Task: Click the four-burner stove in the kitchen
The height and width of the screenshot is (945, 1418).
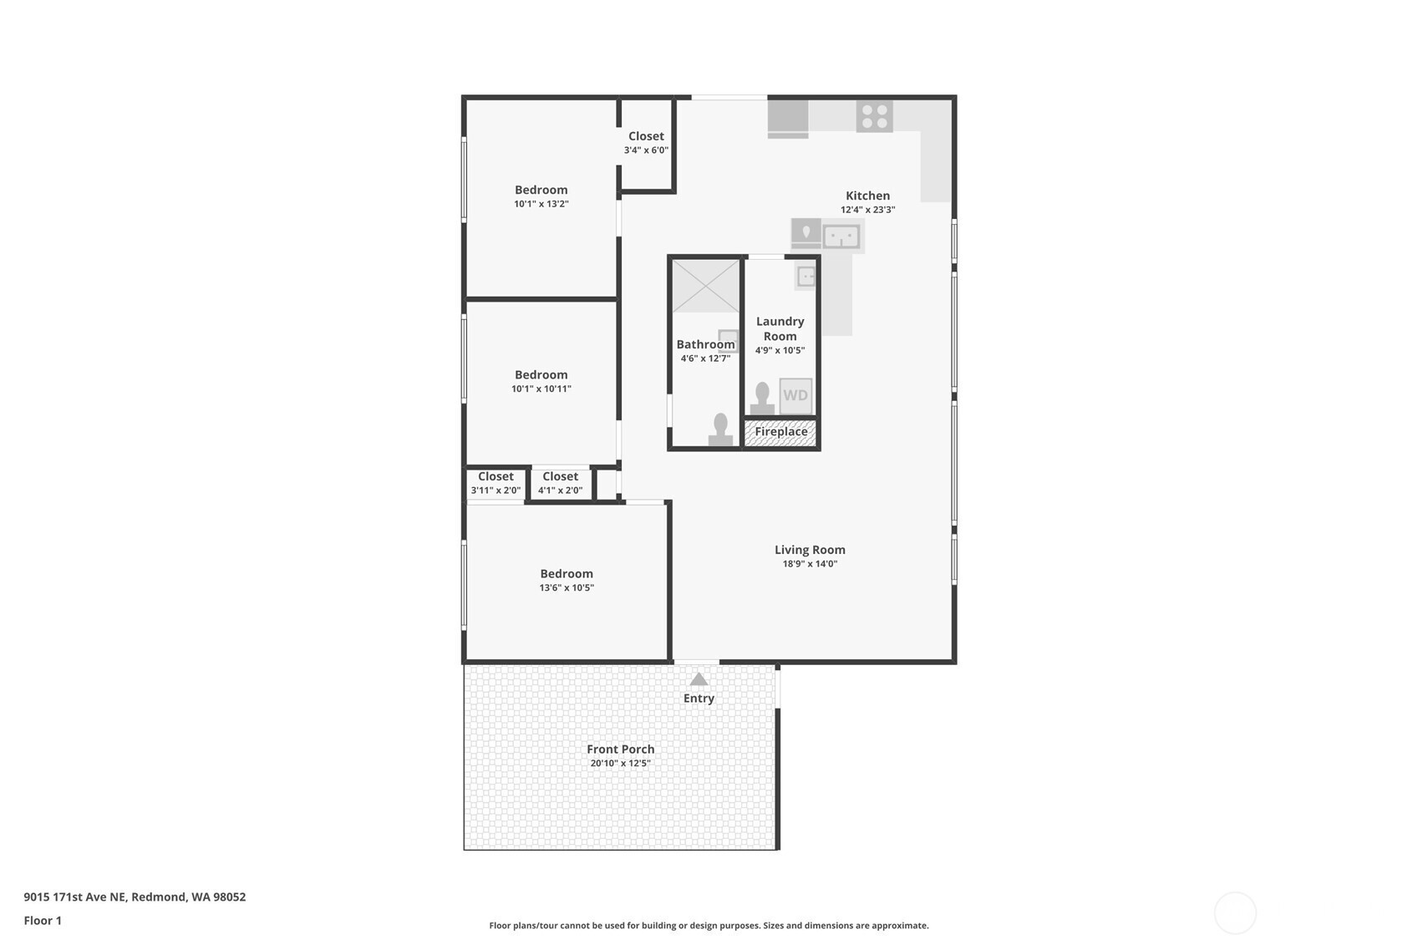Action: (874, 116)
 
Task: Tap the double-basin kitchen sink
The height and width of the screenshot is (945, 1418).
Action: (841, 237)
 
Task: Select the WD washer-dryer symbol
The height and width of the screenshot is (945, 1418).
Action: (795, 395)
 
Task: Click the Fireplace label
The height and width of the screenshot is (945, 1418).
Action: (781, 432)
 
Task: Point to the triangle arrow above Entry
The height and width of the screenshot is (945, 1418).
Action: (699, 679)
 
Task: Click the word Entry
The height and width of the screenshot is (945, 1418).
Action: (699, 699)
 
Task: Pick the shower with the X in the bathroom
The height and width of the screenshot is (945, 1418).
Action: (705, 286)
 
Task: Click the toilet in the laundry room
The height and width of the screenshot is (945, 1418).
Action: (762, 398)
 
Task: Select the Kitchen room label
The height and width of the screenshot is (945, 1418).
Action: (868, 196)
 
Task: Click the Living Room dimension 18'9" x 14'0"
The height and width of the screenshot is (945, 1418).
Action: (810, 564)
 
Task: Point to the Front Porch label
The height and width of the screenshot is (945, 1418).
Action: (620, 749)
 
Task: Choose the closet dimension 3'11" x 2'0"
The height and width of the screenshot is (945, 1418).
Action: (496, 490)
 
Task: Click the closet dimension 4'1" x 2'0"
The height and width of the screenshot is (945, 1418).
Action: (560, 490)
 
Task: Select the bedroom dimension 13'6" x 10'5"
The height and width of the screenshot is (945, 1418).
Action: (567, 588)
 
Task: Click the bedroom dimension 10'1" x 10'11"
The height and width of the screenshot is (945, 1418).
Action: (541, 389)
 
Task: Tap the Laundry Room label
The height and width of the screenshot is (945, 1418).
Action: (780, 329)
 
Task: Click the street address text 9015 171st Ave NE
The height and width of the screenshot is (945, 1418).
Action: (74, 897)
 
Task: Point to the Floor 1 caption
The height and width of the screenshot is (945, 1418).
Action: (43, 921)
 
